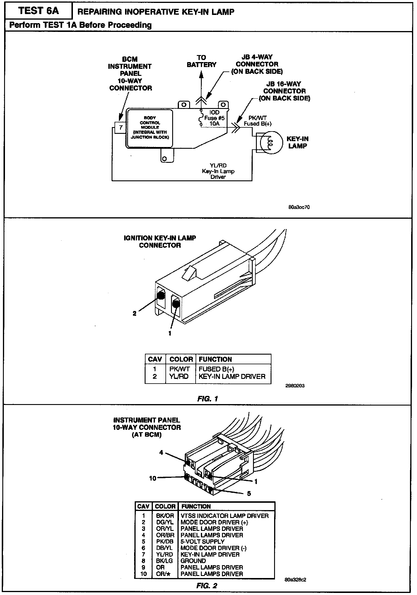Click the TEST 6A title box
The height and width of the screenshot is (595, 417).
coord(38,11)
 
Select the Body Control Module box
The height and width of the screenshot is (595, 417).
coord(150,128)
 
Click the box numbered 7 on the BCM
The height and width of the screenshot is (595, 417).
coord(120,128)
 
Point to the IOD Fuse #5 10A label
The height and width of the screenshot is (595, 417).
coord(214,118)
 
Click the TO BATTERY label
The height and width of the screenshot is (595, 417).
coord(201,61)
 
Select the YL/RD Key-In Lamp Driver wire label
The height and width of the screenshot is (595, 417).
coord(218,171)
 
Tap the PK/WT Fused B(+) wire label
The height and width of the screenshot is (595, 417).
coord(257,121)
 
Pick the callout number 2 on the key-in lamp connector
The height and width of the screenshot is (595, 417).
coord(135,313)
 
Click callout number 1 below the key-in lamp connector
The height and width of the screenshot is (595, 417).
coord(170,333)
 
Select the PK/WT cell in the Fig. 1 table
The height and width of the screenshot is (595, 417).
coord(180,369)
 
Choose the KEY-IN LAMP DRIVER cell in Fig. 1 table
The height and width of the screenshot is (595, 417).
coord(232,376)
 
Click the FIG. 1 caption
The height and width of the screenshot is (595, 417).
coord(208,399)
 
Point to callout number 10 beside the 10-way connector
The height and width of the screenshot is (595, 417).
coord(153,478)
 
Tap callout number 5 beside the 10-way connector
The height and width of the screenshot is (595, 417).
coord(249,493)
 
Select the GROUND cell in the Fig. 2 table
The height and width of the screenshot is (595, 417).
coord(193,560)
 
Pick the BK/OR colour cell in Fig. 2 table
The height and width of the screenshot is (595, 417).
coord(165,516)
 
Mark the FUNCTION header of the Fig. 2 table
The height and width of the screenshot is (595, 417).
coord(196,506)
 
